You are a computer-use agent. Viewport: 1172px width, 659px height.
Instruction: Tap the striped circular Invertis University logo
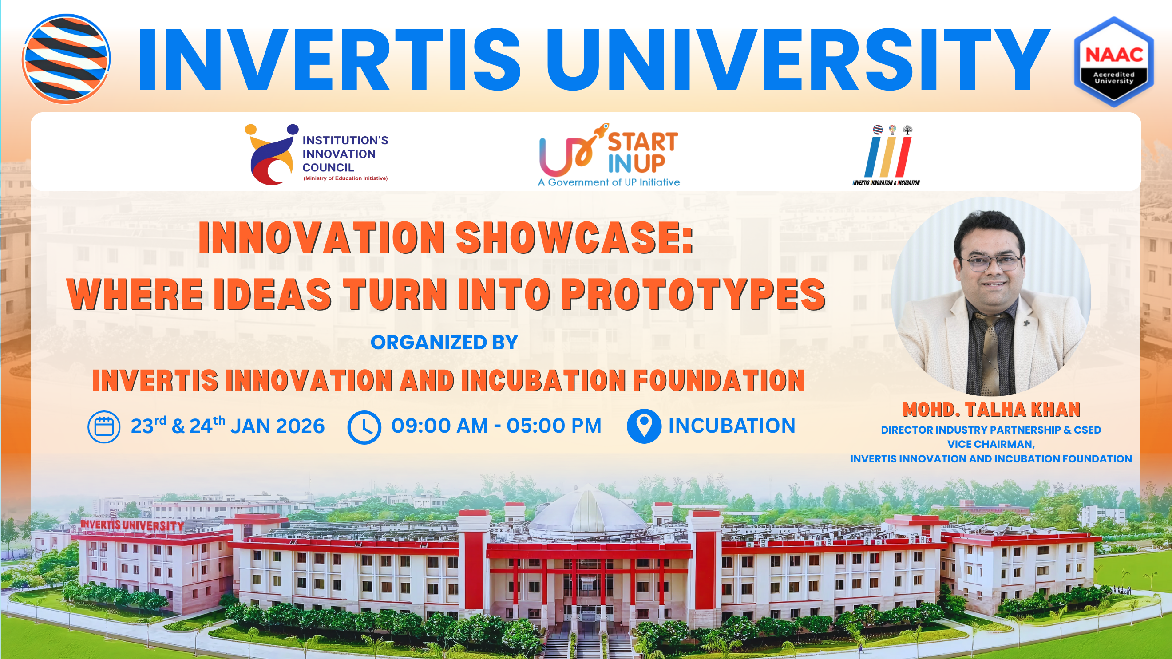(x=67, y=59)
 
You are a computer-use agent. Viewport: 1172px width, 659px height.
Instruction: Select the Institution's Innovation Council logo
(x=316, y=154)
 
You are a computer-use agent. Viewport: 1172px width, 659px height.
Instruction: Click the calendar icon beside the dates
(x=104, y=426)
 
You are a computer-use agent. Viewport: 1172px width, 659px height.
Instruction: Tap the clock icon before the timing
(x=364, y=427)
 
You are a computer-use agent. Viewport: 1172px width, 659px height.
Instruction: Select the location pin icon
(x=644, y=426)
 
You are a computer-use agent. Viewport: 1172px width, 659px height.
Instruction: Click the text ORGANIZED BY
(x=444, y=343)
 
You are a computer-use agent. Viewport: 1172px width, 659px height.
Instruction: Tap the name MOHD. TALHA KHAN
(x=991, y=410)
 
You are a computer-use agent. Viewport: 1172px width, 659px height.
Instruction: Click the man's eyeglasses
(x=991, y=263)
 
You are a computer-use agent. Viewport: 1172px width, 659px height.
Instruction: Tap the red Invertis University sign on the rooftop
(x=132, y=525)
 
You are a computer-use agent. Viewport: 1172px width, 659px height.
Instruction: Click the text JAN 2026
(x=277, y=426)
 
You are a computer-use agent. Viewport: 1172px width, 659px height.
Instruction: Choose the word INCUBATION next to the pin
(x=732, y=426)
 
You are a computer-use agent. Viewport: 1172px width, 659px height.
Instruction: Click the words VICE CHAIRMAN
(x=990, y=444)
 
